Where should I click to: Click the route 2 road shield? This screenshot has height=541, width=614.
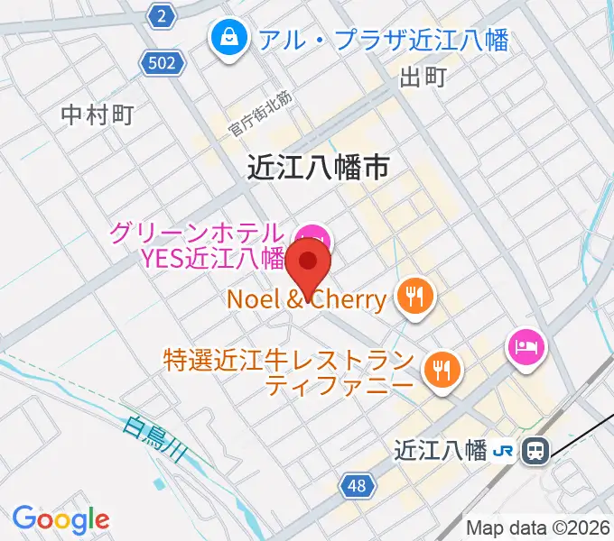[161, 15]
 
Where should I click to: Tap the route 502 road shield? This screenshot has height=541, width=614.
[163, 62]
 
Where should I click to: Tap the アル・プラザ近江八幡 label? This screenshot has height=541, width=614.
[383, 40]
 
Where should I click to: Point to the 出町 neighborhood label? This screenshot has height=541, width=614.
[423, 78]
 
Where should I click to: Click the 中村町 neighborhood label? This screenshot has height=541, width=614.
[98, 115]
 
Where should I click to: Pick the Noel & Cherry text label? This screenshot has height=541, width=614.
[307, 298]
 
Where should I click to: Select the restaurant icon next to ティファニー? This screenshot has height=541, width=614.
[442, 370]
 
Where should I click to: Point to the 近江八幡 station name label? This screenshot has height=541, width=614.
[442, 449]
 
